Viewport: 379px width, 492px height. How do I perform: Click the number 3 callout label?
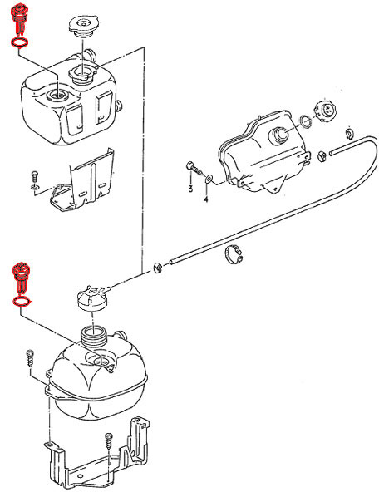coord(190,189)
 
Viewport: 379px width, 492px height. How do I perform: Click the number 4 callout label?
coord(206,199)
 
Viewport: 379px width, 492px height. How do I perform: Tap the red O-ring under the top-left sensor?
coord(20,43)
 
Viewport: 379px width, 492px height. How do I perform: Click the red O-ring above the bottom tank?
coord(22,301)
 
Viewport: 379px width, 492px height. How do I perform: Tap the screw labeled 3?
coord(195,169)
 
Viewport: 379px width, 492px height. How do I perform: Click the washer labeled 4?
coord(209,179)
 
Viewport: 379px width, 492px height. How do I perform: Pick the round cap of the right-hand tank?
coord(325,111)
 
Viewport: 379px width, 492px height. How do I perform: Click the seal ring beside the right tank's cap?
coord(305,121)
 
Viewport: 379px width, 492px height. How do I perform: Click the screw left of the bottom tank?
coord(30,358)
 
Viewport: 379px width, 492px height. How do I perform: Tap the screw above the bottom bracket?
coord(109,442)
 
